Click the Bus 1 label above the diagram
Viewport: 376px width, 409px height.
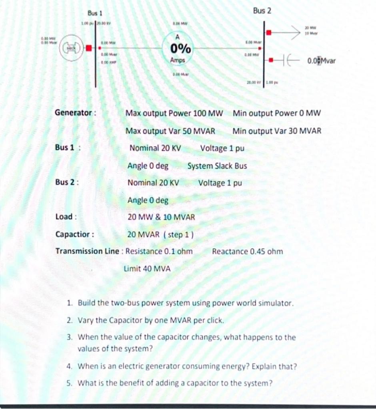click(x=95, y=14)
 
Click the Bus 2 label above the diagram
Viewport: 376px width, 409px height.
click(x=262, y=11)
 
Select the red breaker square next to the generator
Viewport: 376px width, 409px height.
click(x=89, y=48)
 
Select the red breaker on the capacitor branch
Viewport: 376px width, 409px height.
click(x=271, y=60)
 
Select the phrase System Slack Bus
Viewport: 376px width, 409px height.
click(x=217, y=166)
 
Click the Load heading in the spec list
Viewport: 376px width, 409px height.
click(x=64, y=217)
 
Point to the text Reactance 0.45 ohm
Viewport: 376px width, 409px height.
click(x=247, y=252)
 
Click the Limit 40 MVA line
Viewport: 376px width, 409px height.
click(x=147, y=269)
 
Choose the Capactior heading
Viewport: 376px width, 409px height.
click(x=74, y=234)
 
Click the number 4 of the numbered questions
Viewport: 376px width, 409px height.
click(x=70, y=366)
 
